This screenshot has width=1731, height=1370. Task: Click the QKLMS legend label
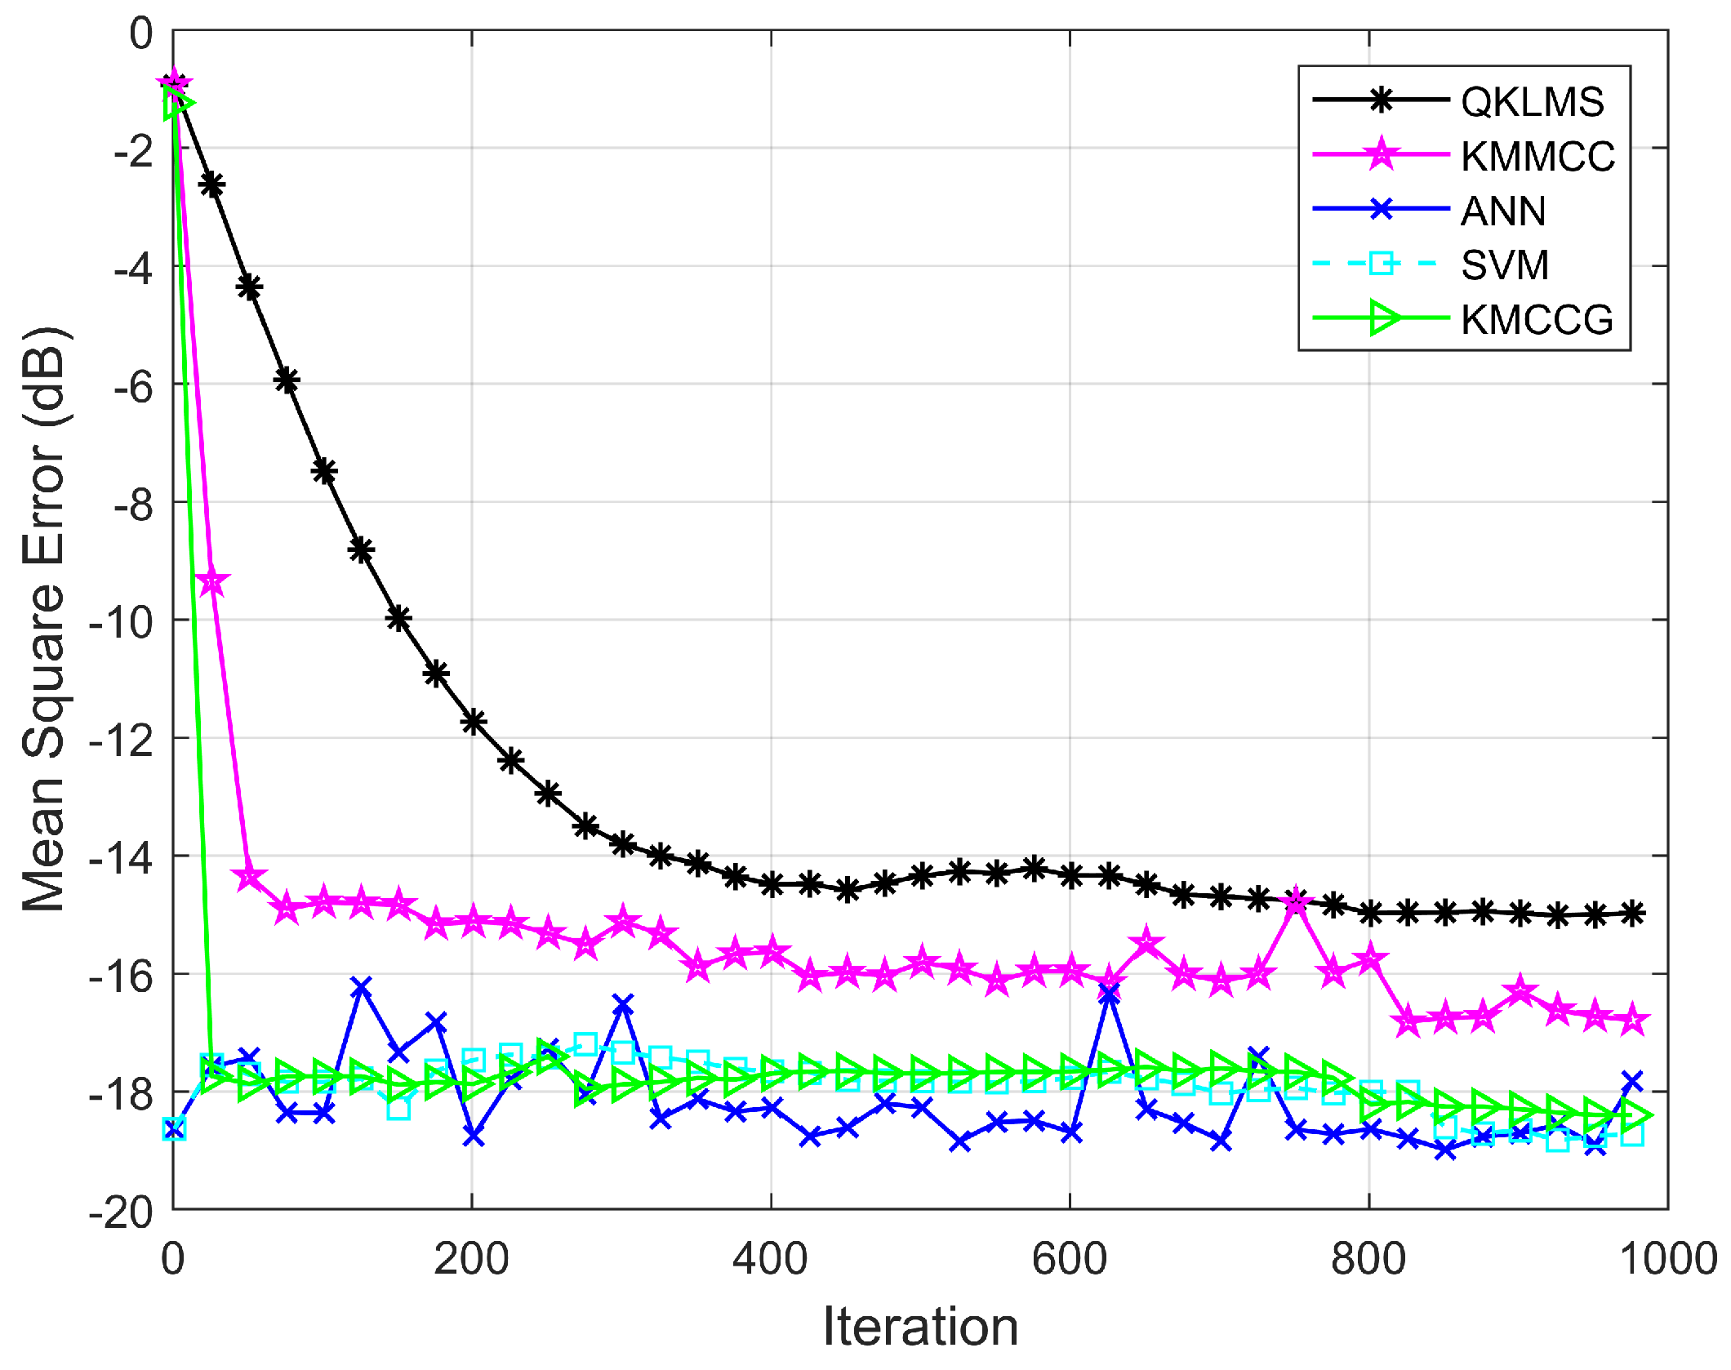[x=1532, y=102]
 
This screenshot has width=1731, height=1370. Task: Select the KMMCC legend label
[x=1537, y=156]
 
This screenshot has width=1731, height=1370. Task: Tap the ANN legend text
[x=1502, y=211]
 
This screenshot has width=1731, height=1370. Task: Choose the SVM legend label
[x=1504, y=265]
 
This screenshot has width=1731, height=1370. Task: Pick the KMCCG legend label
[x=1537, y=319]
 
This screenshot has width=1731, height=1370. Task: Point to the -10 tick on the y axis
[x=121, y=622]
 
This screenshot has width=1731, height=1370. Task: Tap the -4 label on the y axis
[x=132, y=268]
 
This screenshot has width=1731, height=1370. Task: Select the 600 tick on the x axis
[x=1069, y=1258]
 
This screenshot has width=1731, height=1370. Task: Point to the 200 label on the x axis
[x=471, y=1258]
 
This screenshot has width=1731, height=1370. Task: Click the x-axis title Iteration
[x=920, y=1327]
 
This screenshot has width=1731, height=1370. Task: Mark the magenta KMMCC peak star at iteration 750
[x=1295, y=903]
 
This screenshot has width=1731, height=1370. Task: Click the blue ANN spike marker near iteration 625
[x=1109, y=994]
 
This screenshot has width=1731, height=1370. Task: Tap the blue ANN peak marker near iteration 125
[x=361, y=987]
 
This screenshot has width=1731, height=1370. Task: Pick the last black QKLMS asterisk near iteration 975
[x=1631, y=914]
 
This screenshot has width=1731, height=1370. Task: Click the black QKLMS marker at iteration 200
[x=474, y=722]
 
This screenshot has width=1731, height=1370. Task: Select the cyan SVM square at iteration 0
[x=174, y=1129]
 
